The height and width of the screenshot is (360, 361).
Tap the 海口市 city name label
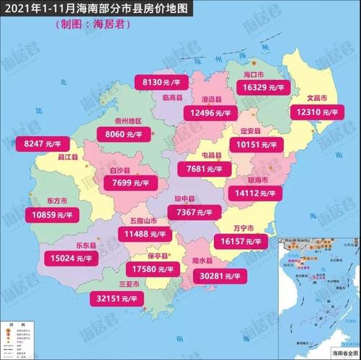[254, 74]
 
